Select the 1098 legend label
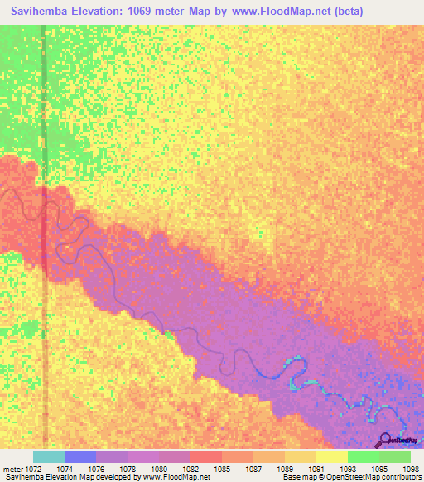[x=411, y=469]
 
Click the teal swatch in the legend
[x=49, y=456]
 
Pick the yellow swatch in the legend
[x=331, y=456]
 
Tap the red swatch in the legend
[x=205, y=456]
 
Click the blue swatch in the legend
[x=80, y=456]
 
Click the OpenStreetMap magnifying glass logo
[x=384, y=440]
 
